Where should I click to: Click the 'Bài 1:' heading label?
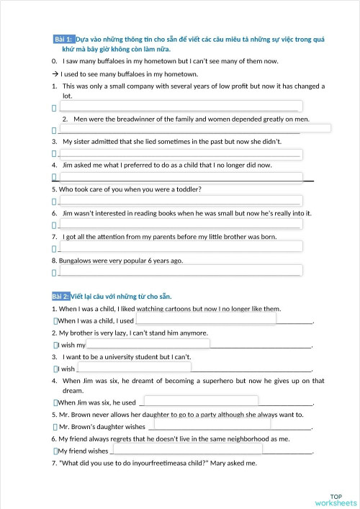coord(63,38)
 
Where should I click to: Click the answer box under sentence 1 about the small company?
coord(180,107)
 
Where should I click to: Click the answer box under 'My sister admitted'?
coord(180,153)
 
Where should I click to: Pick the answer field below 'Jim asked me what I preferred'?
coord(180,176)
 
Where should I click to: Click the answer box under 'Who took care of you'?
coord(180,200)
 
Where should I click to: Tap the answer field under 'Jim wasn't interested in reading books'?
coord(180,224)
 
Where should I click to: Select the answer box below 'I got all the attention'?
coord(180,247)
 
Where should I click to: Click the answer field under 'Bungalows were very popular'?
coord(180,271)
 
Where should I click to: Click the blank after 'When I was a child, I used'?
coord(206,319)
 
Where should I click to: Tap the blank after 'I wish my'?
coord(148,343)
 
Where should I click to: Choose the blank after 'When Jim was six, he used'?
coord(201,401)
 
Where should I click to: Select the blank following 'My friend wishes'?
coord(187,449)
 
